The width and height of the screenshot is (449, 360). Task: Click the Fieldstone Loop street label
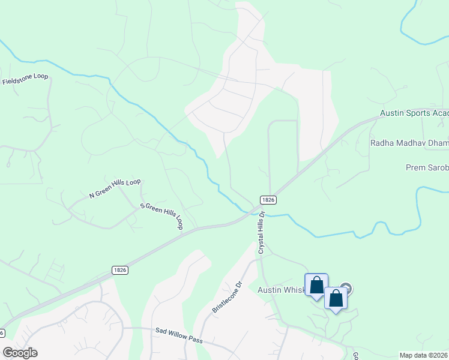coord(25,79)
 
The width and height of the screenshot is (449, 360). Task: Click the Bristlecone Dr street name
coord(226,298)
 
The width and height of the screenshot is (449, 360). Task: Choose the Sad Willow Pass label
coord(179,336)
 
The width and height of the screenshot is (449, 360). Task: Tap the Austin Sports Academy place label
coord(414,113)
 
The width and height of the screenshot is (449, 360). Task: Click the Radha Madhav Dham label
coord(409,143)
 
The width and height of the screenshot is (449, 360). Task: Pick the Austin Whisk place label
coord(282,290)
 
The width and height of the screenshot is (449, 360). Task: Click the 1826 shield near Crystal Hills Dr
coord(268,199)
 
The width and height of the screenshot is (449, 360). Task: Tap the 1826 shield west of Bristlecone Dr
coord(119,271)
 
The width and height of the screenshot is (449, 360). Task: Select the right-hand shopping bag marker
coord(336,298)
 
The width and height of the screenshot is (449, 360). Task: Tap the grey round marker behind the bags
coord(346,289)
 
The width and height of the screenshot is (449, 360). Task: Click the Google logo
coord(20,352)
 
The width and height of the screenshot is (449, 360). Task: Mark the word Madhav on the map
coord(409,143)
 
